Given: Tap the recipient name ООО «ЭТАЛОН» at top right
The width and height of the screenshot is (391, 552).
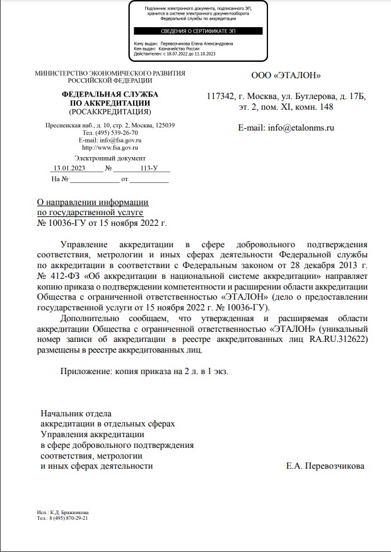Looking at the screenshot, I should pos(286,76).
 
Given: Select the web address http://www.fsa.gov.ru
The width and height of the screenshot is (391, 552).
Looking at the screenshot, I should pos(110,147).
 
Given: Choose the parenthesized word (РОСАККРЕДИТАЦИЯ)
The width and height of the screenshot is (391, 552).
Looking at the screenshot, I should pos(110,112).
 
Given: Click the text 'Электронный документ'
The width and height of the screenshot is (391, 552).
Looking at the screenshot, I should pos(110,158).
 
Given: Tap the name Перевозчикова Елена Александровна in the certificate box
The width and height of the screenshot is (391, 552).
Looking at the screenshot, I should pos(197,44).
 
